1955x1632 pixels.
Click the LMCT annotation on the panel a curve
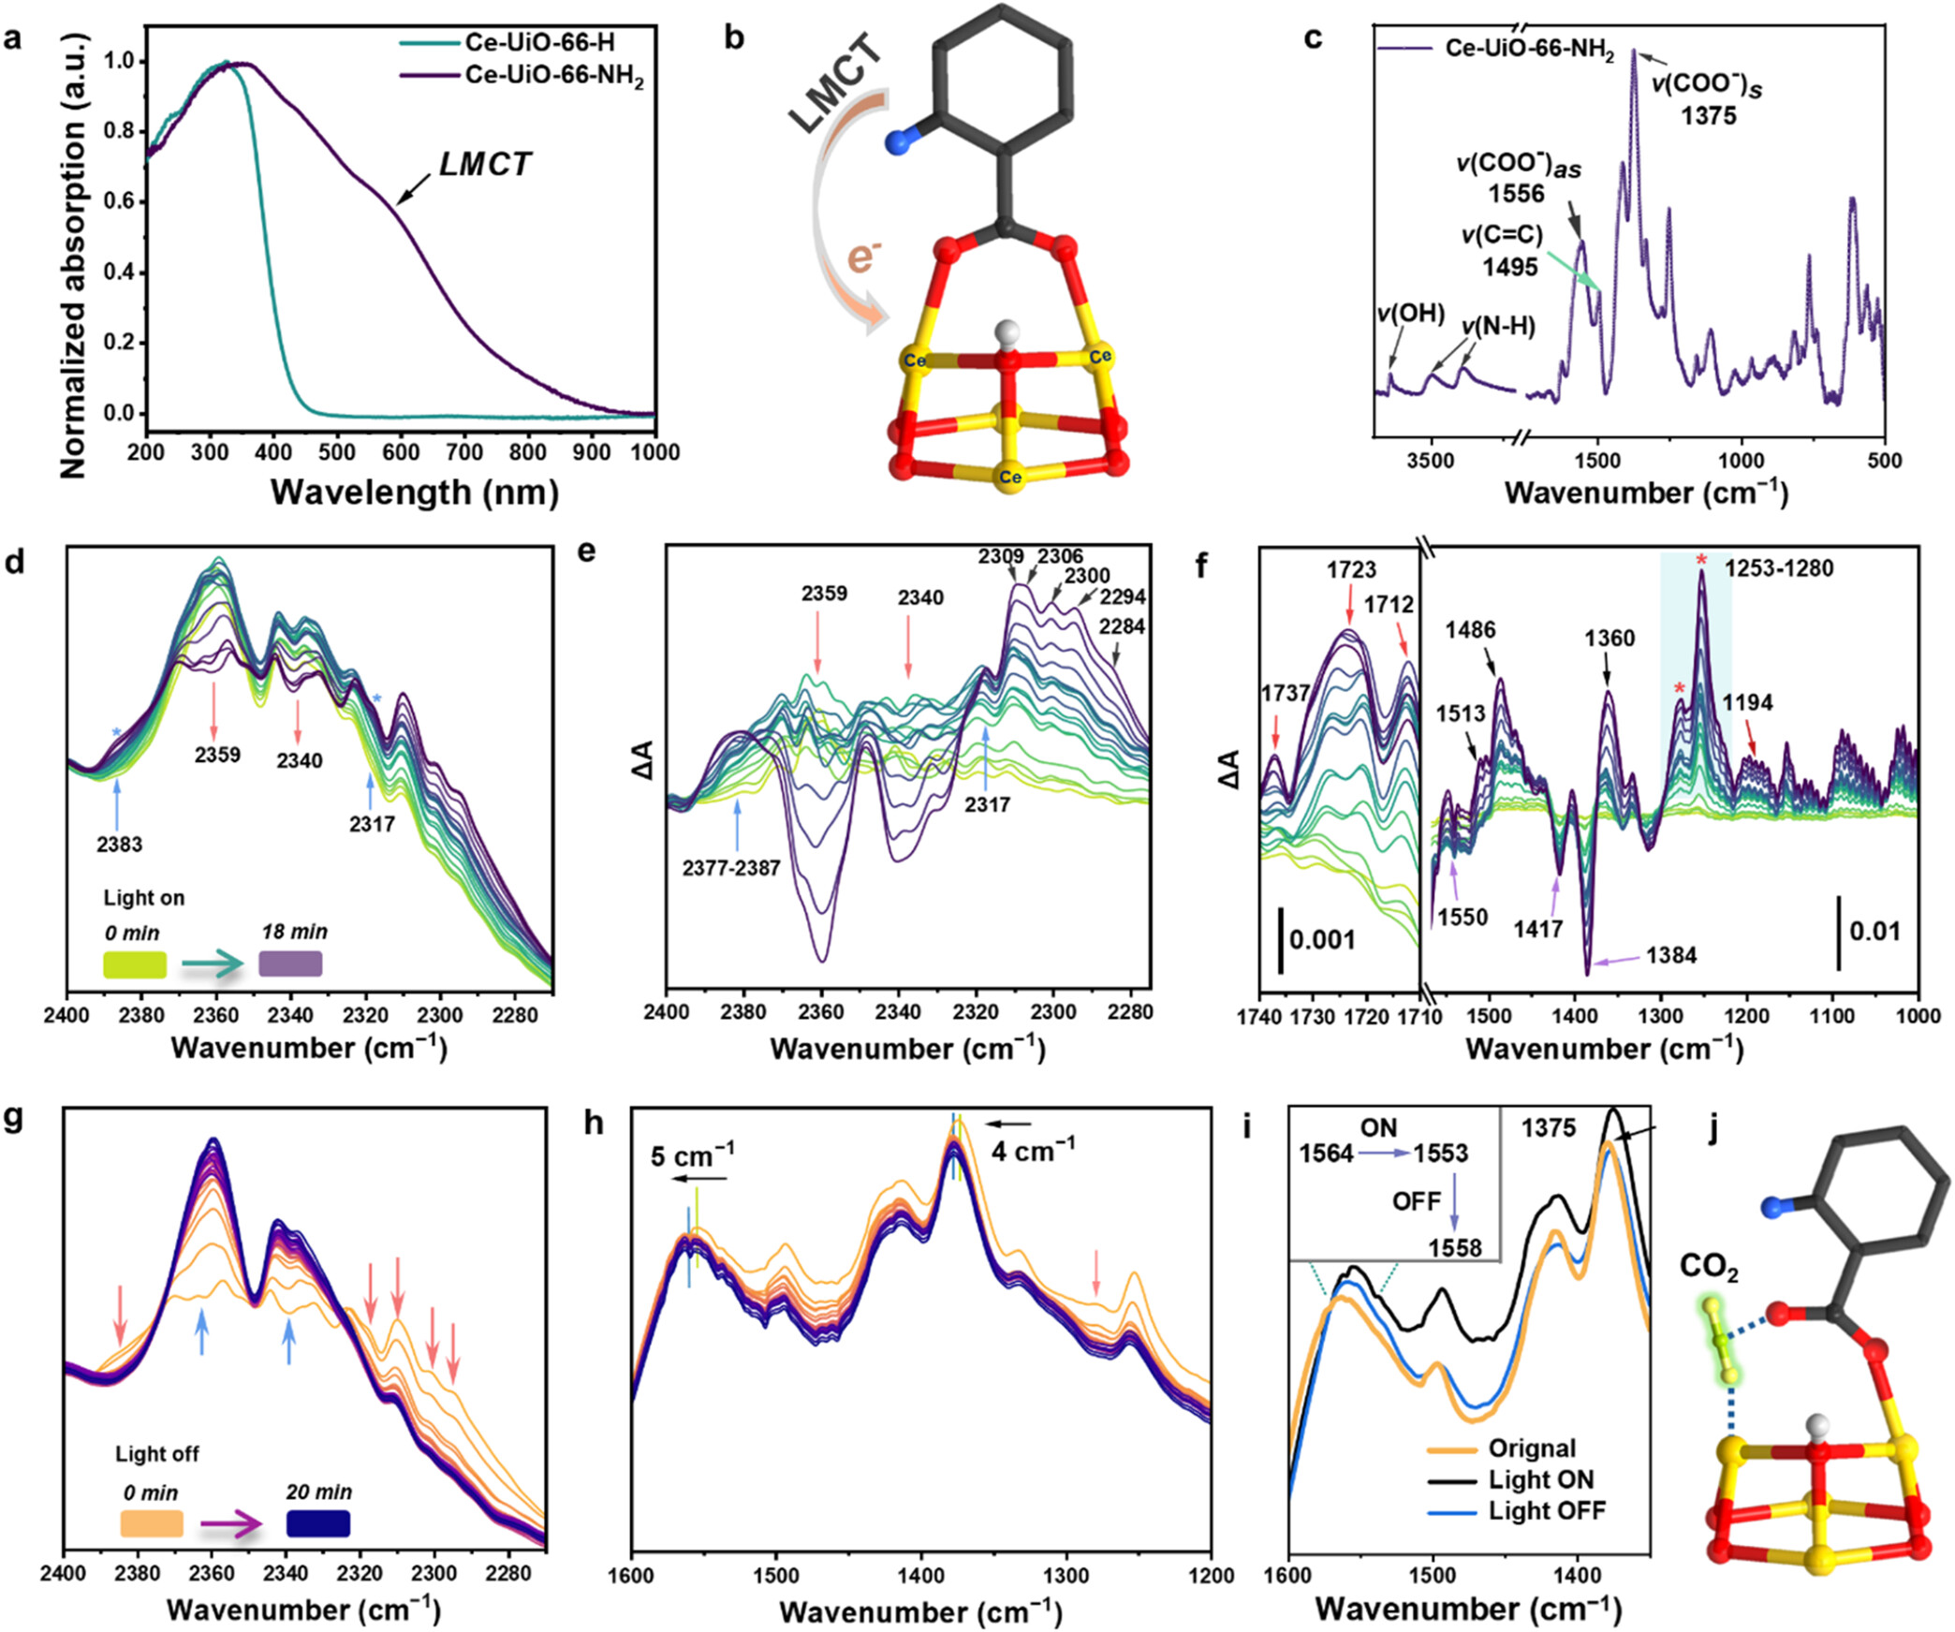point(485,165)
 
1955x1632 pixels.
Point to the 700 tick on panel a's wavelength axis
point(464,452)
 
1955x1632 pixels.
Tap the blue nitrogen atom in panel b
point(899,142)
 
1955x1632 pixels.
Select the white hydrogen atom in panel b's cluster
point(1007,332)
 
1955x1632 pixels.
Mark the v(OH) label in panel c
point(1411,314)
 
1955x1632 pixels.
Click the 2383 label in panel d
point(119,845)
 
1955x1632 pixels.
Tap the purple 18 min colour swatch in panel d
point(290,964)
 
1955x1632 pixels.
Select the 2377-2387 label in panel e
point(731,868)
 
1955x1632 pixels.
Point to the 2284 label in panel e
point(1122,626)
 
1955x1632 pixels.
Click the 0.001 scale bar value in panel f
point(1322,939)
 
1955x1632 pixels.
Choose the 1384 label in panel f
point(1671,955)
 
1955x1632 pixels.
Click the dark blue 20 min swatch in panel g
point(318,1523)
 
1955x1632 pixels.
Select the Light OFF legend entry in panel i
point(1547,1510)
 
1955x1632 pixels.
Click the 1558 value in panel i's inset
point(1454,1247)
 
